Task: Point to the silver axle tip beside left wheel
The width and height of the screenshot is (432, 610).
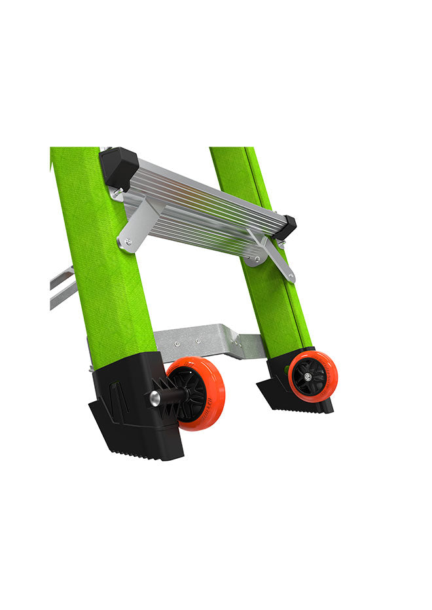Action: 155,398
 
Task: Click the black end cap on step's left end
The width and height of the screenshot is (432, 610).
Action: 118,166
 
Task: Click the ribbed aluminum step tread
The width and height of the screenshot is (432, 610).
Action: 203,196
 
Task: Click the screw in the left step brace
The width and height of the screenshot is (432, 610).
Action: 128,242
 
